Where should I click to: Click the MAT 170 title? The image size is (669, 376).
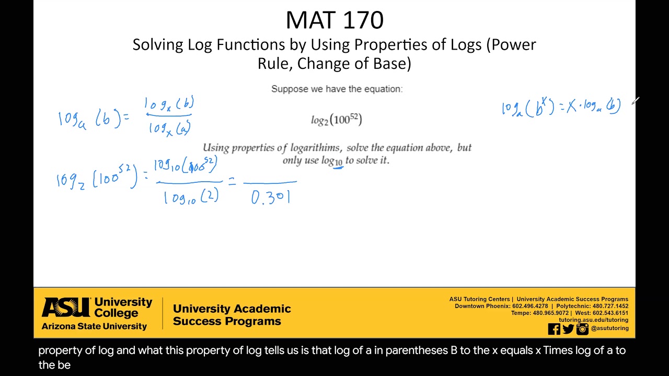point(334,20)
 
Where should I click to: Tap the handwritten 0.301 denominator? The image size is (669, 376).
point(271,197)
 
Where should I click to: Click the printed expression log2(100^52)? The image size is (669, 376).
point(336,120)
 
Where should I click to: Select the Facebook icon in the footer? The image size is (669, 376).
point(554,329)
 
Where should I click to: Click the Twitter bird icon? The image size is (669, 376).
point(568,329)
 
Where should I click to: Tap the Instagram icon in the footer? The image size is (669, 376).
point(582,329)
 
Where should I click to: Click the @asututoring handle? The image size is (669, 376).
point(609,328)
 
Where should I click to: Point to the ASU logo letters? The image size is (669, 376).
point(65,308)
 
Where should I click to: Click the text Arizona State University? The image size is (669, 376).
point(94,326)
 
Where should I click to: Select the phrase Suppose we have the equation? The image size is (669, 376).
point(337,89)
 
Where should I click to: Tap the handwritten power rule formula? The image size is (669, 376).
point(561,107)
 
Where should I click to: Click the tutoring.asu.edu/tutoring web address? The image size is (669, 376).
point(593,320)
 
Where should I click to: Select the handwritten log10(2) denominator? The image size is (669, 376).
point(191,197)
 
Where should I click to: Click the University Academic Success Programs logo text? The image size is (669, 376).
point(232,315)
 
